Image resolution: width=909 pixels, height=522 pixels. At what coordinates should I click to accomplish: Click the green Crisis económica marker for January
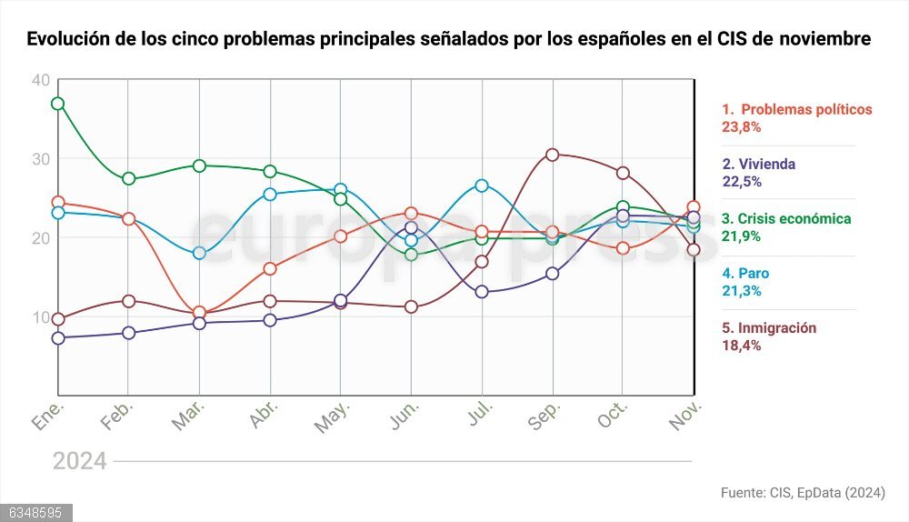(57, 104)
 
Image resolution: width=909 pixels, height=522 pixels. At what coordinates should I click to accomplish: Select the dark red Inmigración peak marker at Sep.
(552, 155)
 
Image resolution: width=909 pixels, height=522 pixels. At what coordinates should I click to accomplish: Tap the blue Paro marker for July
(482, 186)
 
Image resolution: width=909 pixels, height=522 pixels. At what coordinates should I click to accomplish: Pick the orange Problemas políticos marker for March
(199, 313)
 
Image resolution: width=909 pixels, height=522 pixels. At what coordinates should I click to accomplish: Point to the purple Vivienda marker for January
(57, 338)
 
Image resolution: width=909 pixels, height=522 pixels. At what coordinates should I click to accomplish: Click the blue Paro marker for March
(199, 253)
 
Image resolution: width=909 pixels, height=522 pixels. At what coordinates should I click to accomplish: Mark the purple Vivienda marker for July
(482, 292)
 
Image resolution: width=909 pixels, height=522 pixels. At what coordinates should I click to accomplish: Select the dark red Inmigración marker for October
(623, 173)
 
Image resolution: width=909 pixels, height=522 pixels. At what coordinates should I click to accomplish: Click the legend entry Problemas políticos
(796, 109)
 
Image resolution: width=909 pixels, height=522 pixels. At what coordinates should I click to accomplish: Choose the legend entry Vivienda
(758, 165)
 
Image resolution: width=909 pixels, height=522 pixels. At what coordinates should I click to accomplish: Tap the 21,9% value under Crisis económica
(741, 236)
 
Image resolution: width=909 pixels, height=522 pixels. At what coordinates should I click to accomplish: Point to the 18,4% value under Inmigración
(741, 346)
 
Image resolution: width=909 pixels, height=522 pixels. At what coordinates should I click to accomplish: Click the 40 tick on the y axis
(40, 80)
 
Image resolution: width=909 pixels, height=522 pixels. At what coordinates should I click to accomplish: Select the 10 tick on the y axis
(40, 316)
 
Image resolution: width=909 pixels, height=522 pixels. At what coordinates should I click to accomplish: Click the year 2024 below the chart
(79, 461)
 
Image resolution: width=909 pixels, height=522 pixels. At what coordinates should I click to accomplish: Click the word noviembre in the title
(828, 40)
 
